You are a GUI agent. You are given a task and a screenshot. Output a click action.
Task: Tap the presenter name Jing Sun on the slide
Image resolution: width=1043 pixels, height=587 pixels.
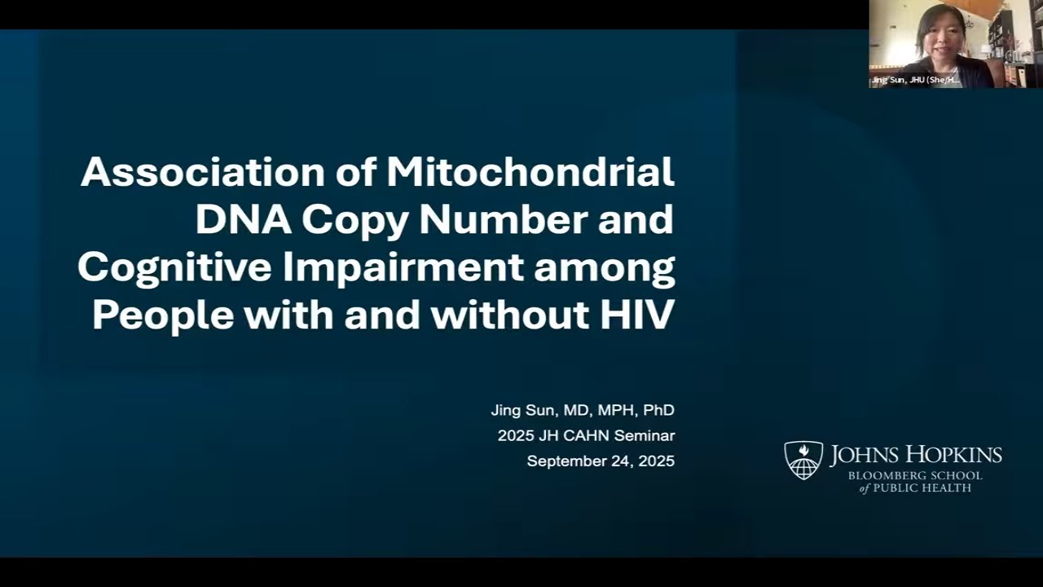coord(521,410)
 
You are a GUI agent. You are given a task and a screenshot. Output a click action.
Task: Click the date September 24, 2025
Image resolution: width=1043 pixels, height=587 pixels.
coord(601,461)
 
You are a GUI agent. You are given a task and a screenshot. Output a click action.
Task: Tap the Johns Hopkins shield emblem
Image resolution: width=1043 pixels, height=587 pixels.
coord(803,460)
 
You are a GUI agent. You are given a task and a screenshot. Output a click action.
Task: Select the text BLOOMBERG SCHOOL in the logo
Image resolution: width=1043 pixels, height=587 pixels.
coord(915,476)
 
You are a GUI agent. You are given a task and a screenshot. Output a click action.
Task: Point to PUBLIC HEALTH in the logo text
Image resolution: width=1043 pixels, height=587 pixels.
coord(925,488)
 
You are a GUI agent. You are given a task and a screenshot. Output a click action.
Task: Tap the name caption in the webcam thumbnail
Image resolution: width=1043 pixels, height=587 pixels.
coord(915,80)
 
